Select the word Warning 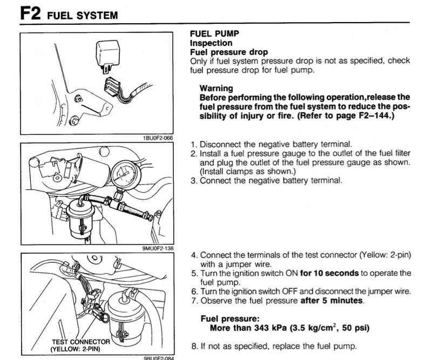pos(216,88)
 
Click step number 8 pos(194,346)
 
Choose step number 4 pos(194,255)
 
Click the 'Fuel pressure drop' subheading pos(228,52)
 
